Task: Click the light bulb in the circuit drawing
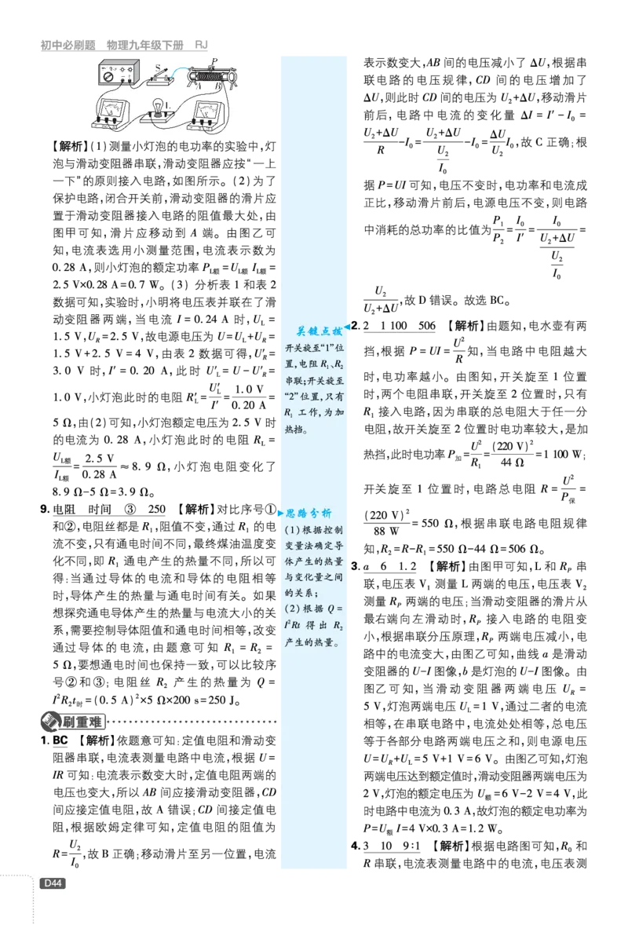158,108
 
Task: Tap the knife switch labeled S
163,75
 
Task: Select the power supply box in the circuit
118,75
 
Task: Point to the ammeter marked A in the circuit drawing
112,113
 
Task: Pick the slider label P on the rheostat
214,60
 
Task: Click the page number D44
53,883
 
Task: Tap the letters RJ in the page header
201,45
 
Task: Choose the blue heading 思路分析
309,513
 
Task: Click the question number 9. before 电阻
46,509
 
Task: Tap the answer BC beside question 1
60,740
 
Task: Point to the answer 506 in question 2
426,326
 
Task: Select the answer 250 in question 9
156,509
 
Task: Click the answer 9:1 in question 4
411,846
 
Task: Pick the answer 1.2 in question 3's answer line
407,566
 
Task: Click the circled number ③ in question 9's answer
130,509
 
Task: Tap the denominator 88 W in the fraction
386,531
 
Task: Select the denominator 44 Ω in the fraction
512,462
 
